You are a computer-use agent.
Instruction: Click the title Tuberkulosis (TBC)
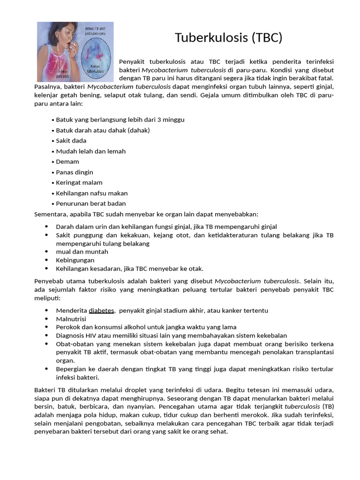point(229,38)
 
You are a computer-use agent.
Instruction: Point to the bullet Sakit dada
point(71,141)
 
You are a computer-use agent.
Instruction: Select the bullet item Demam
point(67,162)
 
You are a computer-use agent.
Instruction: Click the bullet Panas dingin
point(75,172)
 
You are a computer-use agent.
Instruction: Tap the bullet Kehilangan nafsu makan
point(91,193)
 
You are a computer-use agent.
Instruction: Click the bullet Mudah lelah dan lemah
point(90,151)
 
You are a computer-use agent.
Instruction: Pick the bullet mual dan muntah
point(82,252)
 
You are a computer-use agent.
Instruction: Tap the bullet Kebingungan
point(75,260)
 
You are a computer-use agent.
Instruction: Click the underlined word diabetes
point(101,310)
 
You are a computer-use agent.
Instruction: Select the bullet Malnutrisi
point(71,319)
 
